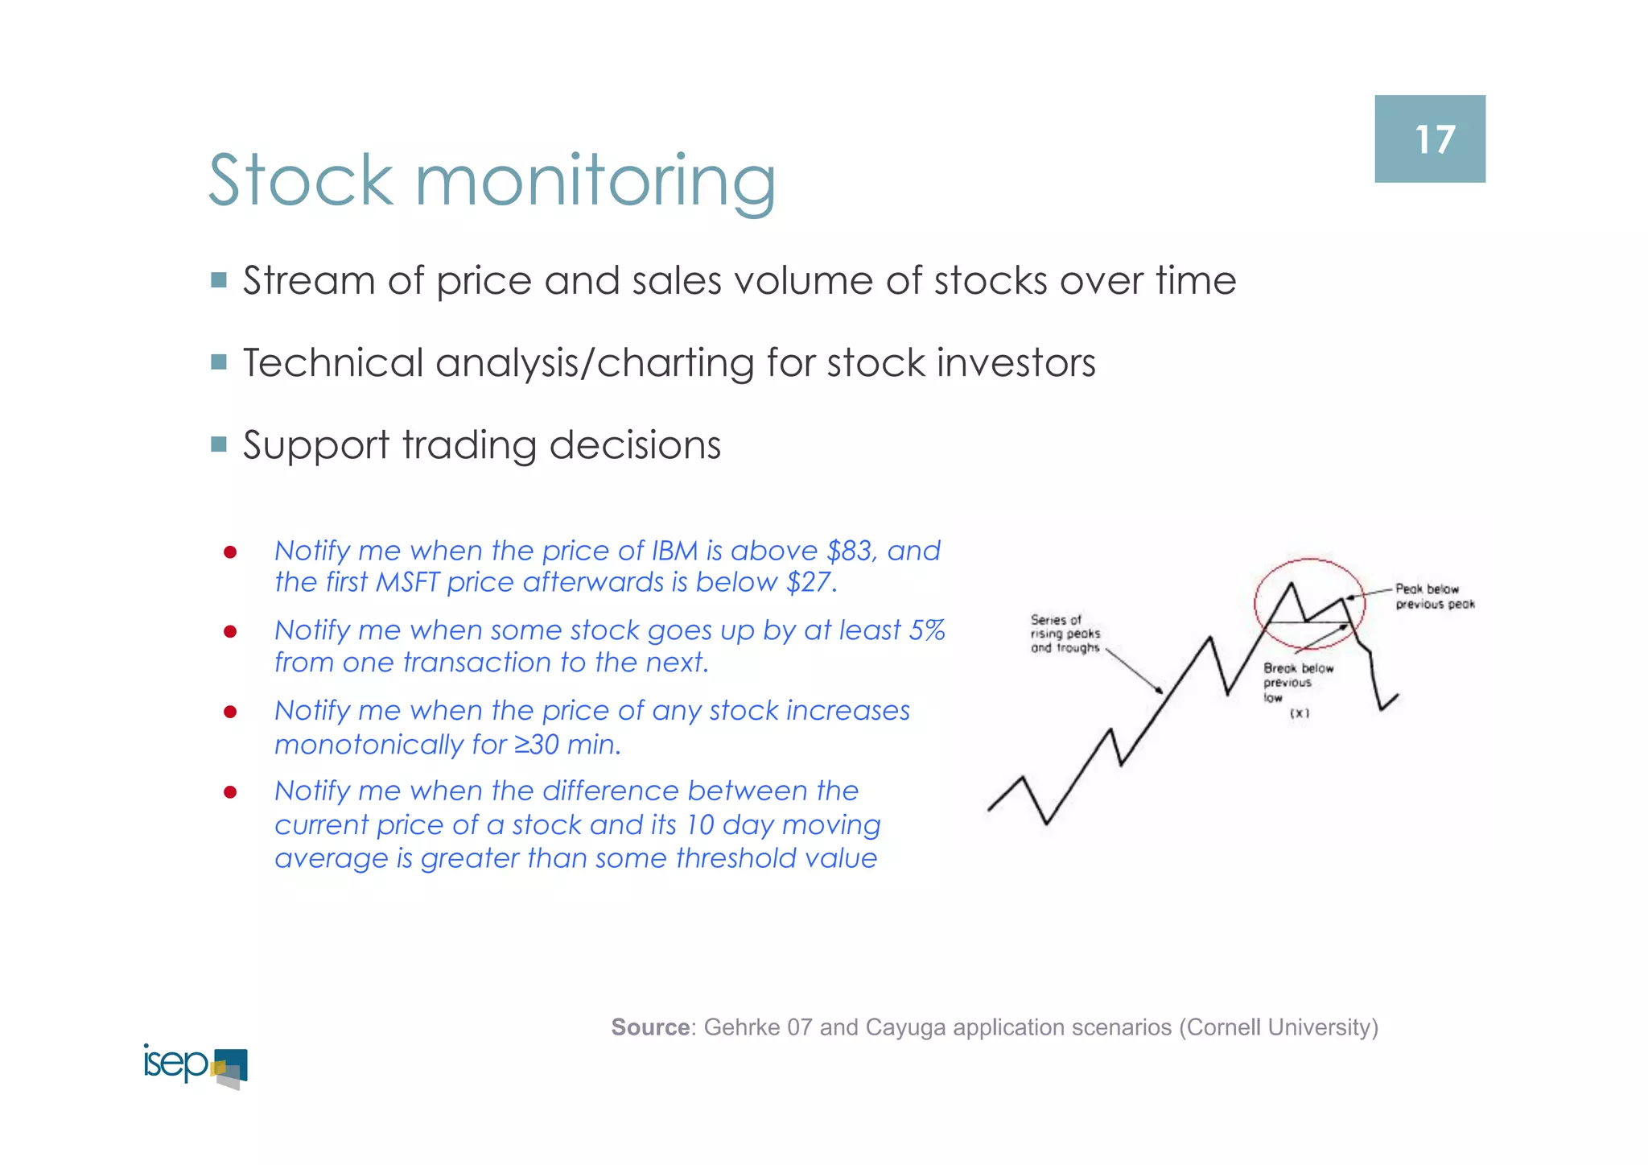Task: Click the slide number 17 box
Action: click(x=1429, y=138)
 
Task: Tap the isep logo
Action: click(x=195, y=1065)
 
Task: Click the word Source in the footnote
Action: click(x=650, y=1027)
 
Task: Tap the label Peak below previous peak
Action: click(x=1434, y=597)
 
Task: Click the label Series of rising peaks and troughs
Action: click(x=1065, y=634)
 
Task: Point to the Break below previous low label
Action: click(x=1296, y=683)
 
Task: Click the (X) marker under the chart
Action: click(x=1299, y=713)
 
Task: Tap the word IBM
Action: click(x=674, y=551)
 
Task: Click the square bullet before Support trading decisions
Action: click(x=219, y=444)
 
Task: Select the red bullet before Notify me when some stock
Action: click(x=230, y=632)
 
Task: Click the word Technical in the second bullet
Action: click(x=333, y=363)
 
